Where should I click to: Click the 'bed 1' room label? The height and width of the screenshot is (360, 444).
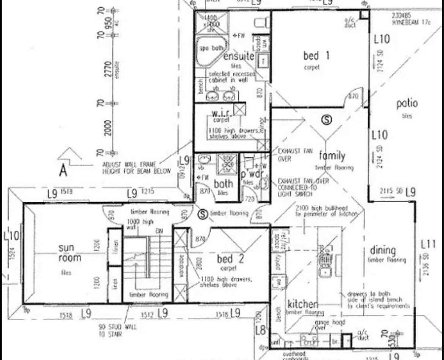tap(316, 56)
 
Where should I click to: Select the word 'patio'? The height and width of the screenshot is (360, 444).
tap(406, 103)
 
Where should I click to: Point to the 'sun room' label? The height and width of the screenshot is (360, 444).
tap(69, 253)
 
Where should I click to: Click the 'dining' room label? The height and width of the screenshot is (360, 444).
tap(383, 251)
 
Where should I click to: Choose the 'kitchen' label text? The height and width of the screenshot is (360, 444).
tap(302, 304)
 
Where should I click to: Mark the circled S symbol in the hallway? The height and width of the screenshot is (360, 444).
tap(203, 214)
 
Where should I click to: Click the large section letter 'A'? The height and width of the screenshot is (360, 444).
tap(63, 171)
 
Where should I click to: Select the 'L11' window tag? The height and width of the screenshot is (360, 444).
tap(428, 244)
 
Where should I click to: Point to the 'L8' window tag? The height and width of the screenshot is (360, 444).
tap(260, 330)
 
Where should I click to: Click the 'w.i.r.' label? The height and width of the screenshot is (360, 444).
tap(220, 113)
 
